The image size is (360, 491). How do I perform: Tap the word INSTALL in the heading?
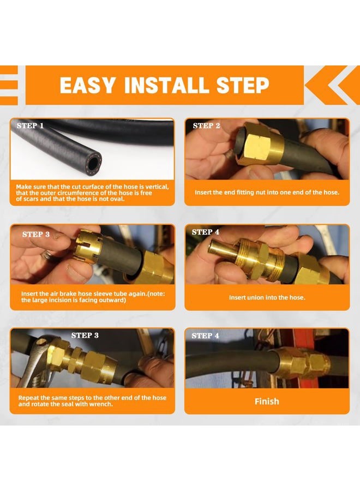(x=166, y=85)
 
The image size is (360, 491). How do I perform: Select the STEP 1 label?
(x=30, y=125)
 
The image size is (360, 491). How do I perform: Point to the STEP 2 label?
(x=206, y=125)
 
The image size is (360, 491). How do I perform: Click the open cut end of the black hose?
(x=93, y=162)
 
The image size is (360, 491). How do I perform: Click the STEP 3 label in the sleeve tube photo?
(x=36, y=234)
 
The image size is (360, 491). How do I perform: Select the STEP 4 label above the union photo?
(x=206, y=232)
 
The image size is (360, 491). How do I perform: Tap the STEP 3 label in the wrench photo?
(x=85, y=336)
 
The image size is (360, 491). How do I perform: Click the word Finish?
(x=267, y=402)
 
